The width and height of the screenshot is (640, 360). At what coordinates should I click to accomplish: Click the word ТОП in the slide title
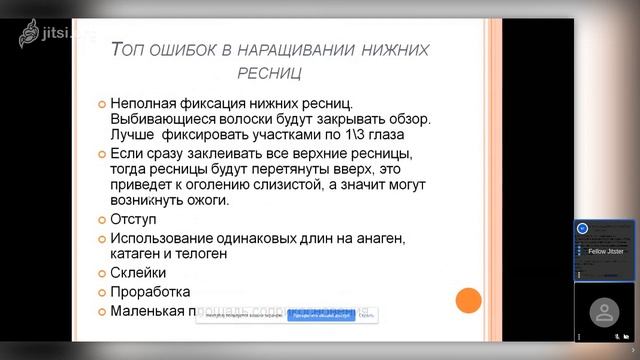point(130,49)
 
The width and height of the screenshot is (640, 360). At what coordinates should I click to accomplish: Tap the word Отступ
point(136,219)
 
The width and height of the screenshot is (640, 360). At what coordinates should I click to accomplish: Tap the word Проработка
point(151,292)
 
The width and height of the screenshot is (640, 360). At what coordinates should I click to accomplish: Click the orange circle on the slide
point(468,300)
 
